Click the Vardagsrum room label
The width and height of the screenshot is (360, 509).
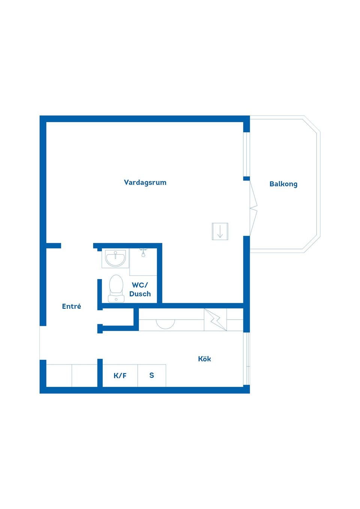[x=145, y=183]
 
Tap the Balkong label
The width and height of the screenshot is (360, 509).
[x=283, y=184]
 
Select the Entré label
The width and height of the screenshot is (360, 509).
[x=71, y=306]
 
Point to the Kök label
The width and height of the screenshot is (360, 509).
[x=204, y=359]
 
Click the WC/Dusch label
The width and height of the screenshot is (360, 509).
[x=140, y=289]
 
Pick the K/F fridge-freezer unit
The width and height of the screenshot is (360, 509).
[x=120, y=376]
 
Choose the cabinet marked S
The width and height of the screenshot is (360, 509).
[x=152, y=376]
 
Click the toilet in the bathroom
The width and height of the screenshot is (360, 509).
[x=116, y=288]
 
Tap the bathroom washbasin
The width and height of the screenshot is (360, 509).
[x=115, y=258]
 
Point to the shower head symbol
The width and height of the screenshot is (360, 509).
[x=143, y=253]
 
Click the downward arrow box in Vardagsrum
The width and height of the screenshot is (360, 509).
[x=220, y=231]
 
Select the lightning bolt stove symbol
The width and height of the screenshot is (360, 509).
[x=215, y=320]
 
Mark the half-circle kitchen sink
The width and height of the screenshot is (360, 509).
[x=165, y=324]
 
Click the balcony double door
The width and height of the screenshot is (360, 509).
[x=253, y=208]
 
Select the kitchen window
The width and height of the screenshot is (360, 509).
[x=247, y=359]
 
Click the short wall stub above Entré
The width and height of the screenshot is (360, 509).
[x=54, y=246]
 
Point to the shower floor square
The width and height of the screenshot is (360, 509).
[x=143, y=262]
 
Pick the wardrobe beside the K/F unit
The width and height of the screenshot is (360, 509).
[x=72, y=376]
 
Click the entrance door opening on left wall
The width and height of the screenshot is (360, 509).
[x=43, y=343]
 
